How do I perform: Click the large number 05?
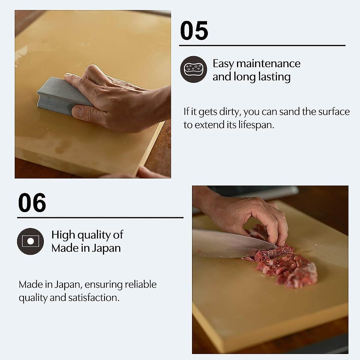point(194,31)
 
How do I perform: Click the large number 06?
point(32,203)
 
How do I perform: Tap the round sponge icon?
point(193,69)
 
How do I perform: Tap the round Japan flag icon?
point(30,241)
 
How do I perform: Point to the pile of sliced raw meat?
point(288,267)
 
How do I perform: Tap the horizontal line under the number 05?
point(262,46)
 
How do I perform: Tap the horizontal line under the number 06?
point(100,217)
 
